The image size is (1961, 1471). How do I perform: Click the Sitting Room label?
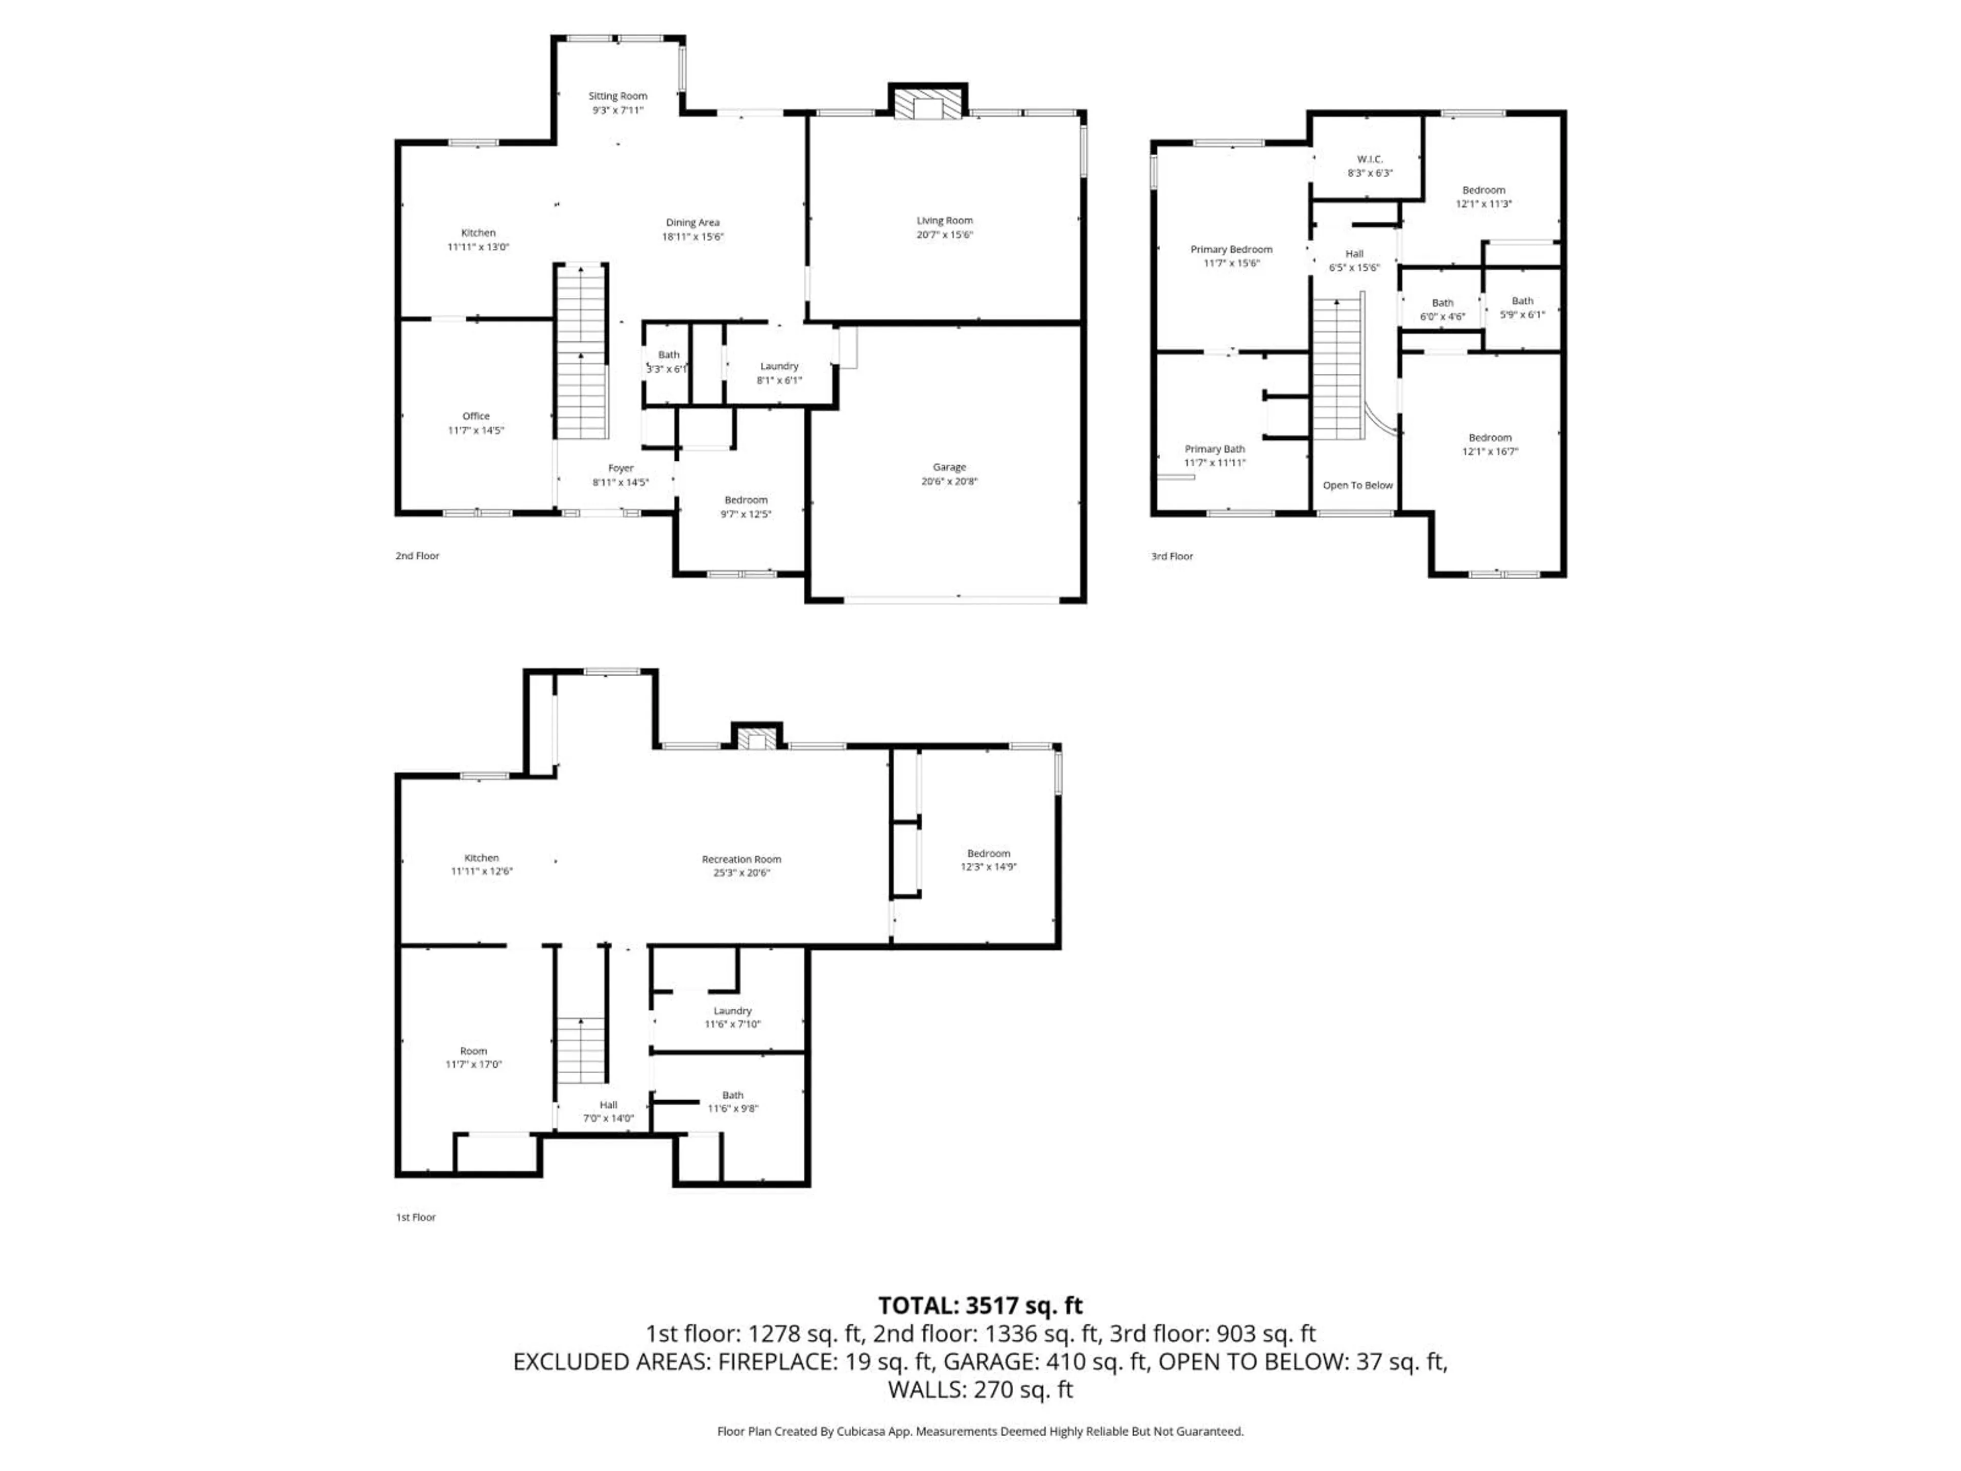[618, 96]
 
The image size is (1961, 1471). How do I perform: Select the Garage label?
[949, 467]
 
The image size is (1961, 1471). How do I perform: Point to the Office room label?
[476, 416]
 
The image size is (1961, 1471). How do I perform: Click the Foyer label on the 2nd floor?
[620, 468]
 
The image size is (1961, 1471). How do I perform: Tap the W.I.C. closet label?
[1370, 159]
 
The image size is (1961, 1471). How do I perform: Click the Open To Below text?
[1357, 486]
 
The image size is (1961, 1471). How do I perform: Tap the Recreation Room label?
[741, 859]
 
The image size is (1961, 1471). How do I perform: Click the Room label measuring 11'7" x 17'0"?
[473, 1052]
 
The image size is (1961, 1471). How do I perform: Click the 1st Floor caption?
[416, 1218]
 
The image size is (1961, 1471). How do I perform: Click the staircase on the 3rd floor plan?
[1337, 368]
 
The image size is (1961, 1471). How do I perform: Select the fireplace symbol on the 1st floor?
[756, 739]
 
